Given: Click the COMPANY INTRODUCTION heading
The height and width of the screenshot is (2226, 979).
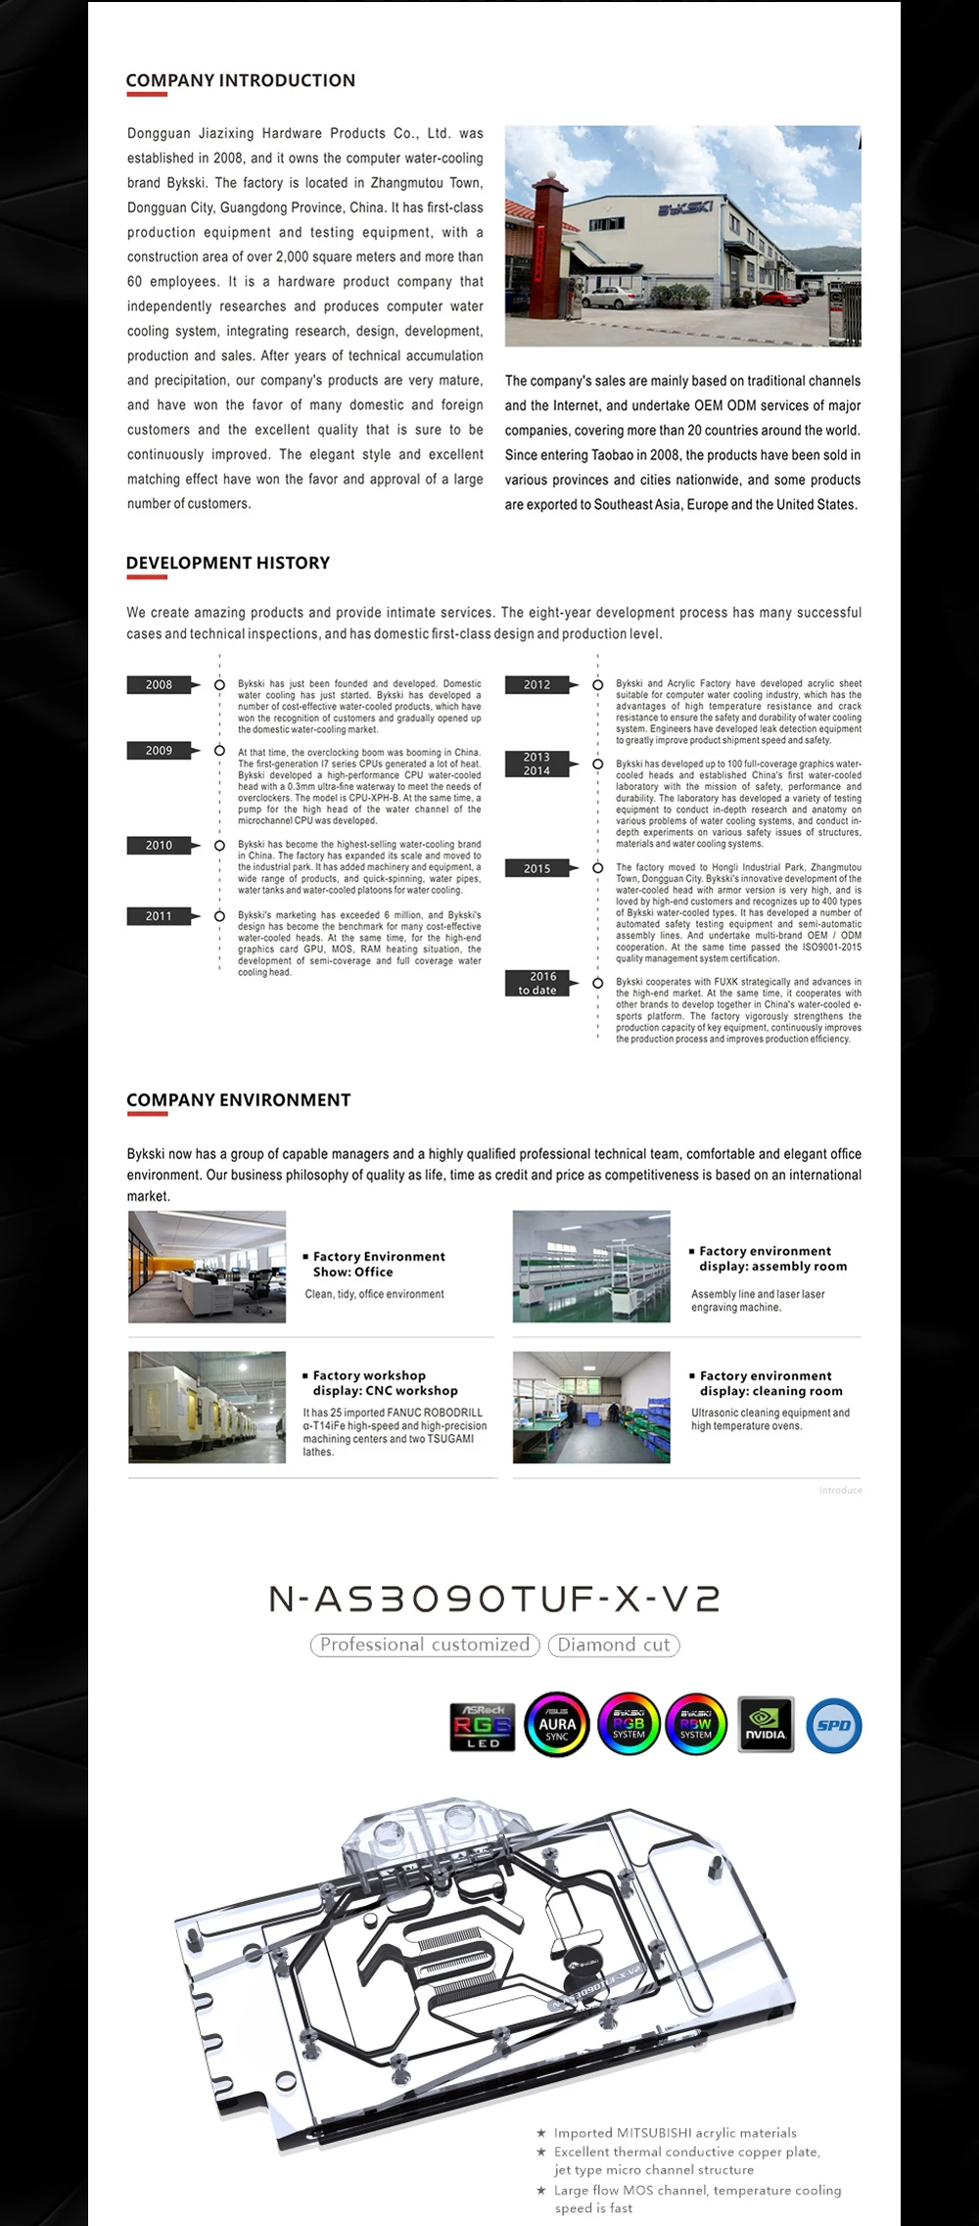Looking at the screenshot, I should click(x=240, y=80).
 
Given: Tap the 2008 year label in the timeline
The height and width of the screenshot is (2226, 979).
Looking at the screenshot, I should click(x=160, y=685).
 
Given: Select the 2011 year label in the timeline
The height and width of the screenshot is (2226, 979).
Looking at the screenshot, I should click(x=160, y=916).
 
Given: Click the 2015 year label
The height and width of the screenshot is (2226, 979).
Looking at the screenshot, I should click(x=537, y=868).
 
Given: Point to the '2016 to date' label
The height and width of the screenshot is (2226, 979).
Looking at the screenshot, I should click(x=537, y=983).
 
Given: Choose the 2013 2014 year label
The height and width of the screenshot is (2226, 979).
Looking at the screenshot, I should click(x=537, y=764).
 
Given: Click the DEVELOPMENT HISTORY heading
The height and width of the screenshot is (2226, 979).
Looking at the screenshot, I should click(x=227, y=563).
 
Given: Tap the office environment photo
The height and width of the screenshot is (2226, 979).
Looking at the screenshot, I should click(x=207, y=1267).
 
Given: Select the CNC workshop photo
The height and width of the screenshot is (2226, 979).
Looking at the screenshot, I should click(x=207, y=1407).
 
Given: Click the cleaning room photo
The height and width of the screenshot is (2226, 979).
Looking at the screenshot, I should click(x=591, y=1407).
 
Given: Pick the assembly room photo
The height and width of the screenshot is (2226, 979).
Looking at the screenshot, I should click(x=591, y=1267).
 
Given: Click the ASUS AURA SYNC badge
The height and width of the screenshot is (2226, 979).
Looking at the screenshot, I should click(x=557, y=1725).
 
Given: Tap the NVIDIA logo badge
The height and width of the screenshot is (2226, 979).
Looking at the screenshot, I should click(x=766, y=1725).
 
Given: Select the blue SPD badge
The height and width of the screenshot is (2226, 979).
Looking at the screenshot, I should click(x=833, y=1725).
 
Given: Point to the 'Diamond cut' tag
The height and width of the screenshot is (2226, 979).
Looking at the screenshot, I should click(x=614, y=1646).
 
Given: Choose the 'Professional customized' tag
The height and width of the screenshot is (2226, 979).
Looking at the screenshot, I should click(x=425, y=1646).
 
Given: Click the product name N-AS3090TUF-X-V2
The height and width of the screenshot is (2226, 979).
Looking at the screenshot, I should click(x=494, y=1599).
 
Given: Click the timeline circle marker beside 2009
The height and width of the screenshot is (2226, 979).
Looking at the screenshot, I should click(x=219, y=751).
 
